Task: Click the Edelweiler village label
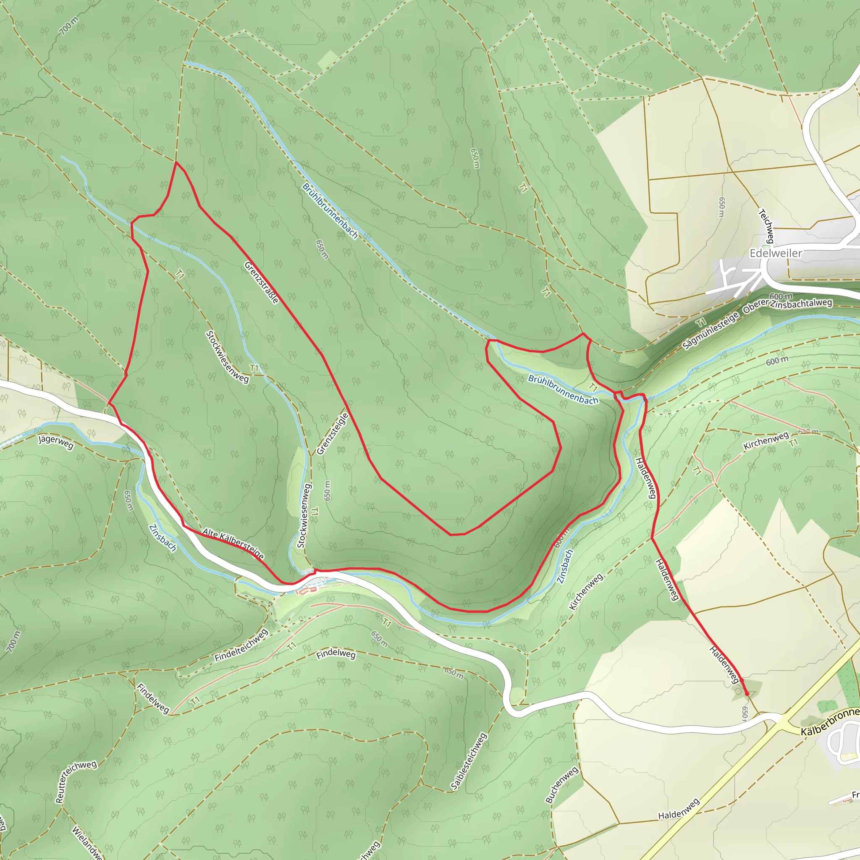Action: [776, 253]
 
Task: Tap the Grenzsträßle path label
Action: [261, 283]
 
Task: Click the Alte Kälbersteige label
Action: [233, 543]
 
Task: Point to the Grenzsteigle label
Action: [332, 434]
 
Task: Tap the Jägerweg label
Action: [56, 442]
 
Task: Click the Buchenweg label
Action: [561, 785]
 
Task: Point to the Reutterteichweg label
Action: [75, 781]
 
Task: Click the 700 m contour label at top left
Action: [68, 26]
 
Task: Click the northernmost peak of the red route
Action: [176, 163]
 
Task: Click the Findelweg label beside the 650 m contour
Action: [336, 654]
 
